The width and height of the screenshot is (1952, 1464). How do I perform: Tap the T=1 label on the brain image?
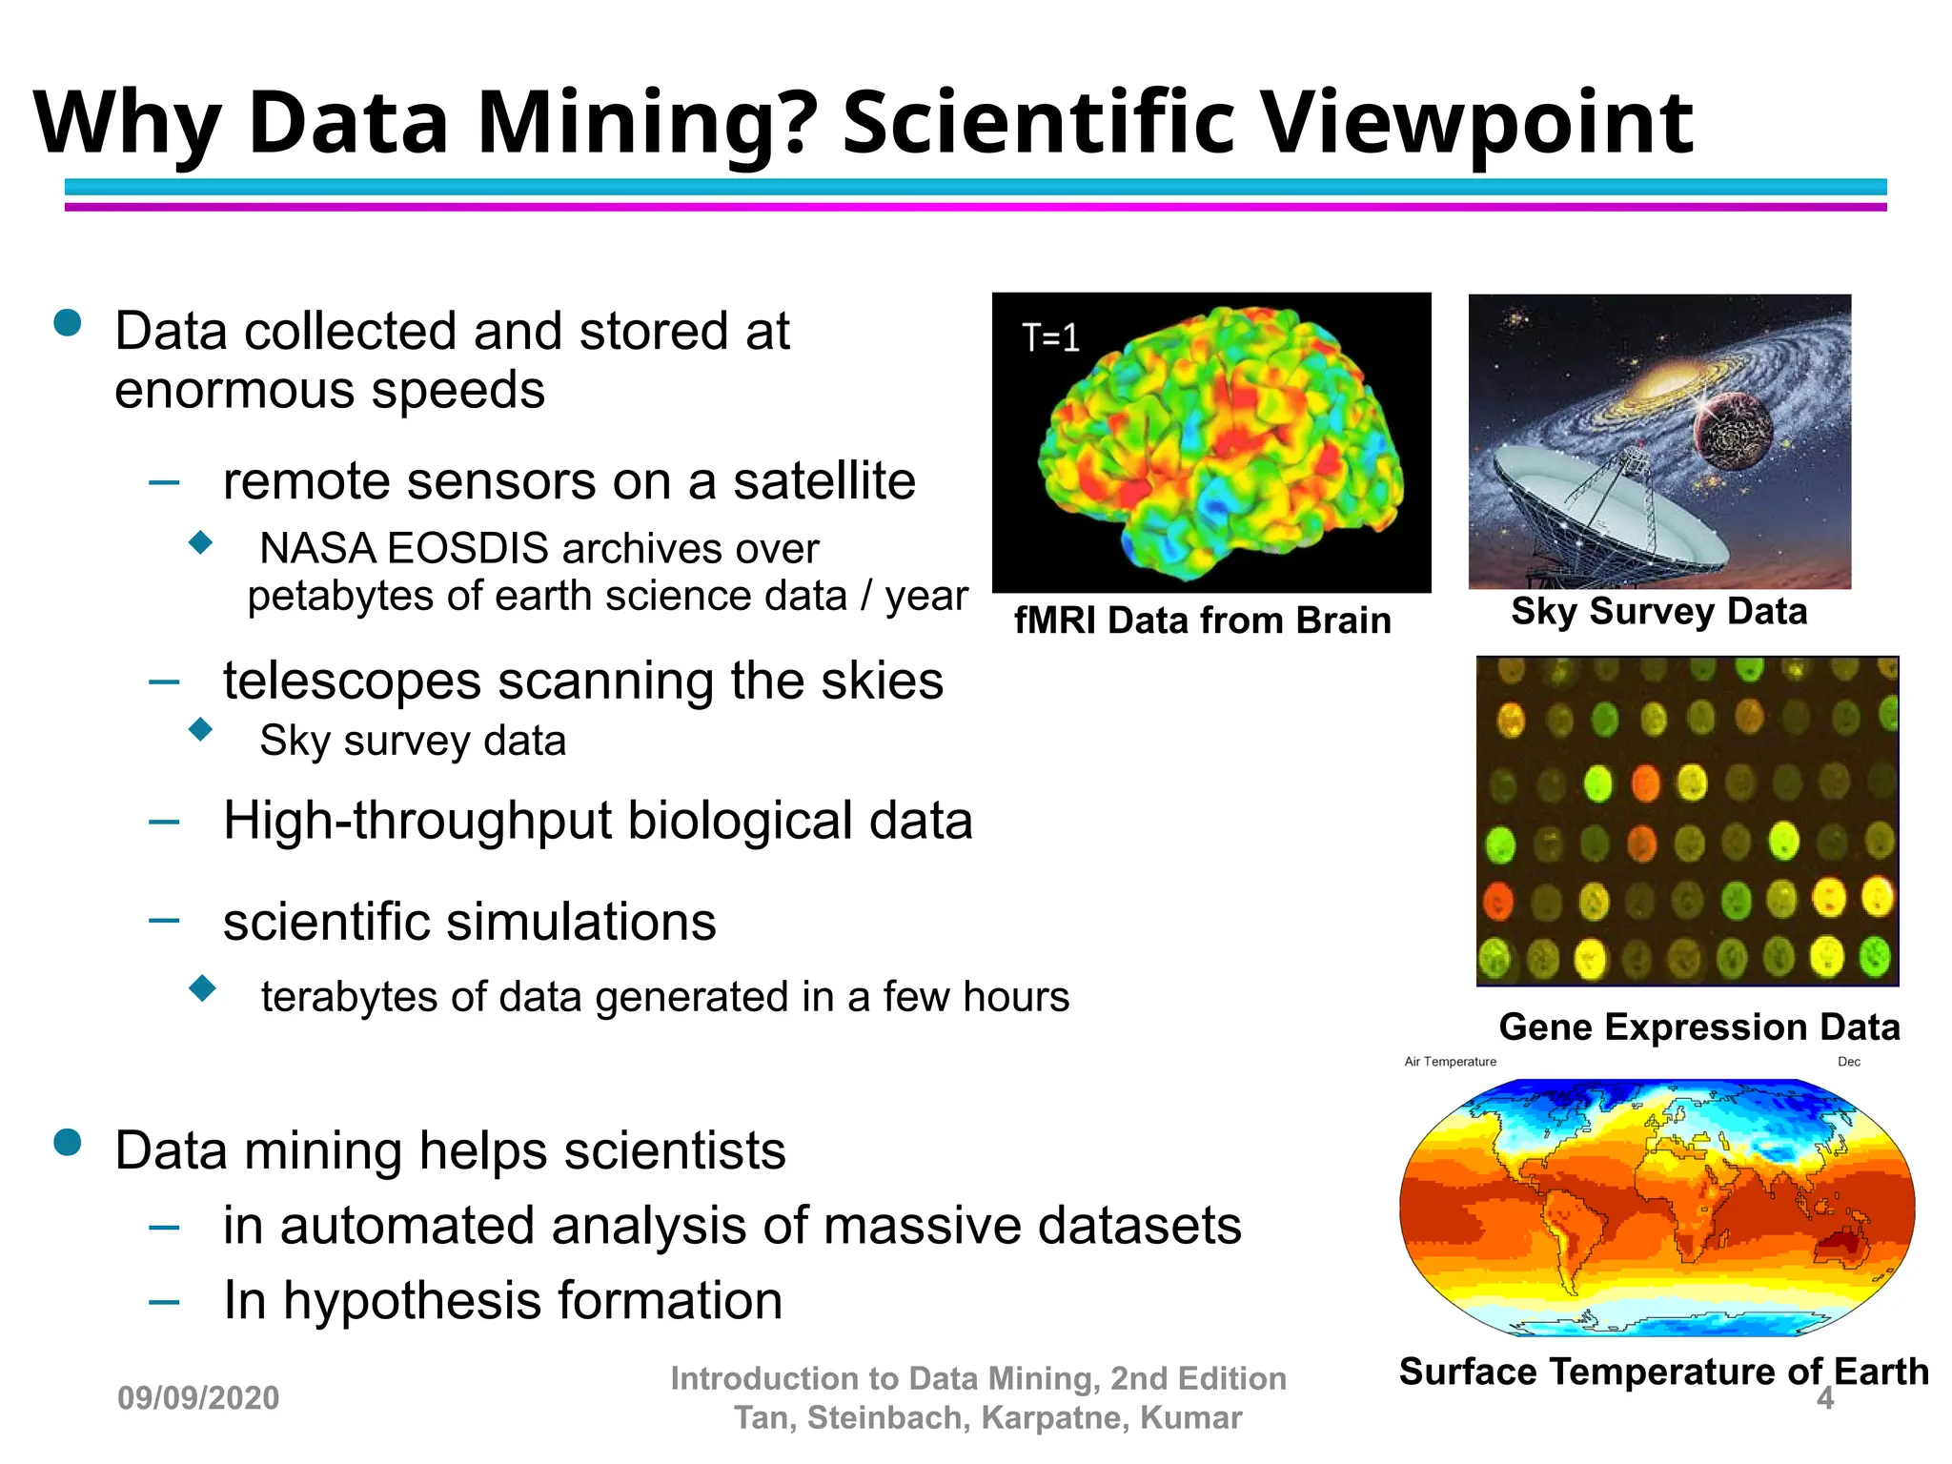(x=1050, y=337)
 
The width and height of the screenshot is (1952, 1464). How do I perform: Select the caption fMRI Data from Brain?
(x=1202, y=620)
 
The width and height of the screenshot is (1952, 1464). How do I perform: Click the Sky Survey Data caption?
(x=1658, y=611)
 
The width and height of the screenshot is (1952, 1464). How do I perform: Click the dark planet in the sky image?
(x=1733, y=434)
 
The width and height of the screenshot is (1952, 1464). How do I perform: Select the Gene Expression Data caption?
(x=1698, y=1027)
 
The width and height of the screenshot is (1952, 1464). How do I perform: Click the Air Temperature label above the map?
(x=1450, y=1062)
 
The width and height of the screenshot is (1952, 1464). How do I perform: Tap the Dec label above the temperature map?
(x=1848, y=1062)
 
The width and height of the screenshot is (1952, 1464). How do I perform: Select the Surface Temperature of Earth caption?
(x=1663, y=1372)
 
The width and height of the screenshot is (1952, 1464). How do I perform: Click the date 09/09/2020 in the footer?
(x=198, y=1398)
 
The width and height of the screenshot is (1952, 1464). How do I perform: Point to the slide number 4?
(x=1824, y=1398)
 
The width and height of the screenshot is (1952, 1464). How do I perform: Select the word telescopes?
(x=352, y=681)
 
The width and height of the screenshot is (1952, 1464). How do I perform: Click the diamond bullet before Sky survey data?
(x=200, y=730)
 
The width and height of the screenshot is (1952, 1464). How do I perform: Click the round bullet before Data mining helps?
(x=68, y=1142)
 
